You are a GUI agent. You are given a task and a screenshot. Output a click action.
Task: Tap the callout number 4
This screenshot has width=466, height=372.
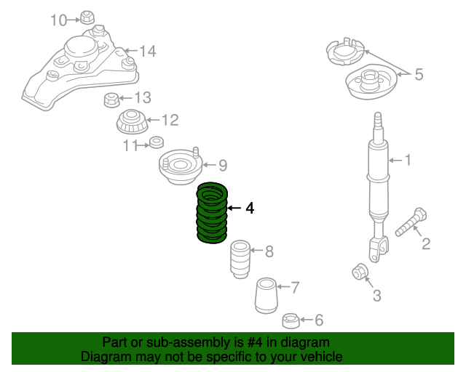250,209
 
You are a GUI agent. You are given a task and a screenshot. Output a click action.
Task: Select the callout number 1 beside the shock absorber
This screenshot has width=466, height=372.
408,160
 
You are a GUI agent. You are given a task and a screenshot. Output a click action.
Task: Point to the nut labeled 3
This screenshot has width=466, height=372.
360,272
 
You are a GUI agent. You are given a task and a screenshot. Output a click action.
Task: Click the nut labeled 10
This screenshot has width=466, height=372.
87,17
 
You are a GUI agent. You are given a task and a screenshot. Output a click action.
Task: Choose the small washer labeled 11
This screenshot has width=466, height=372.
156,142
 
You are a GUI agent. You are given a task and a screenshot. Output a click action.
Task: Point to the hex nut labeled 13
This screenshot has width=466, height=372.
112,99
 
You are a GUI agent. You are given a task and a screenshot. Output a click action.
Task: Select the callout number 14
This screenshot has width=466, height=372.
148,51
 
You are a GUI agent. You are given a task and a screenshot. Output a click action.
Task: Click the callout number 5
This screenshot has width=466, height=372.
419,73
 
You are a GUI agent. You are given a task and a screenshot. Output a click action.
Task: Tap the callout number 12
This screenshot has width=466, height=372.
169,120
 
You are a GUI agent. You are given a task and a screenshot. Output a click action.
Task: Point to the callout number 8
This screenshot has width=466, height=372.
269,252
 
